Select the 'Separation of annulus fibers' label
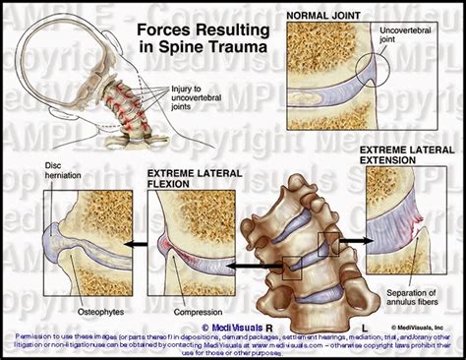pos(414,300)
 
